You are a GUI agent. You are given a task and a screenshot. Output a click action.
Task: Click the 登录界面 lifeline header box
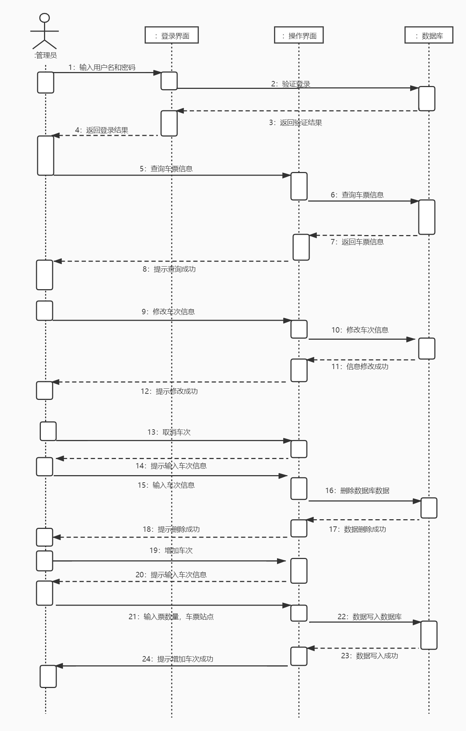171,35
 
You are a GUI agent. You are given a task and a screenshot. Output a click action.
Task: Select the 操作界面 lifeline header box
299,35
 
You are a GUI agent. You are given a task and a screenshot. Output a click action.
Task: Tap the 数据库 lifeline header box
429,35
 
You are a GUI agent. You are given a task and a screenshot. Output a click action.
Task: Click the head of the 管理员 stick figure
45,18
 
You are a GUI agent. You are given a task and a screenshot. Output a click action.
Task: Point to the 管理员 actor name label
46,55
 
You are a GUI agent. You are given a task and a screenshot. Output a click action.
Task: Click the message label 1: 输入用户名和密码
102,67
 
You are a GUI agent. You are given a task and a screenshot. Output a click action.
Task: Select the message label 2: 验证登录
291,84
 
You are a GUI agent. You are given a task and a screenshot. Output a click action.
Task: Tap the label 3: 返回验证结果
296,123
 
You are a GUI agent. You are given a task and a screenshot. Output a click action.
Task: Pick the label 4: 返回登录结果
102,130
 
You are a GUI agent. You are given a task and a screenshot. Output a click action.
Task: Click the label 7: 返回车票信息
357,242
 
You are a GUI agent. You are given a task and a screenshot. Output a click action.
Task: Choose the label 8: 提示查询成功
169,269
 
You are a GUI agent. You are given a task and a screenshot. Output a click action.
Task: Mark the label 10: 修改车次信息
360,330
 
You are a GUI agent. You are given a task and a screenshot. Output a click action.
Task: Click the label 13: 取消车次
169,432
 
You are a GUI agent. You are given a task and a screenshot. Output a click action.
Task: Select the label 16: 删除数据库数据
357,491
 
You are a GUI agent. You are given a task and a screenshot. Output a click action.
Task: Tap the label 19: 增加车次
171,550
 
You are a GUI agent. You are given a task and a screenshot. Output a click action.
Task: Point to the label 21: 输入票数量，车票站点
171,617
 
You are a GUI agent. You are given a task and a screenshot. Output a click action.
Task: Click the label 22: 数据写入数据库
369,617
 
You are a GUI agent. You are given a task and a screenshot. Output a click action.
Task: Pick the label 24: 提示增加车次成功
178,659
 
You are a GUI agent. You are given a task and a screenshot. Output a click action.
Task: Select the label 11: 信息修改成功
360,367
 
